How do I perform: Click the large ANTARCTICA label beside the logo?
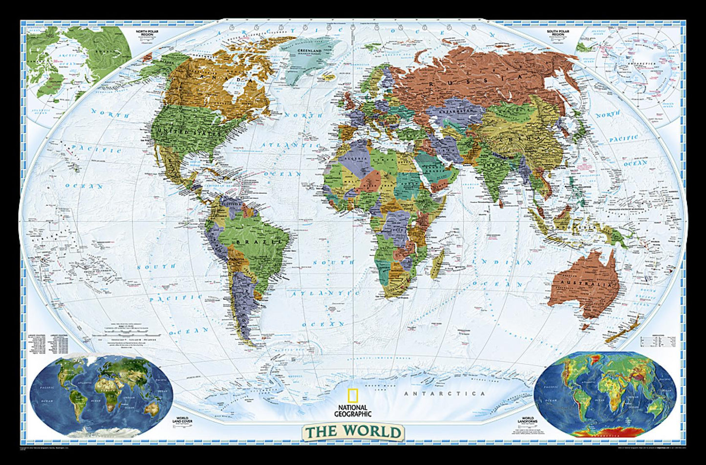pyautogui.click(x=445, y=394)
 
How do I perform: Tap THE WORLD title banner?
pyautogui.click(x=353, y=432)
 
